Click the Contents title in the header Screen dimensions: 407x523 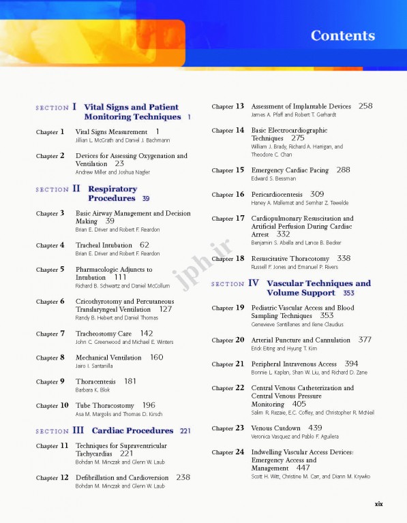coord(342,36)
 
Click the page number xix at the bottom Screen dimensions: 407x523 coord(378,503)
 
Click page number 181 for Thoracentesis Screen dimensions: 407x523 coord(130,381)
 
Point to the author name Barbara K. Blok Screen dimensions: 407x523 coord(93,390)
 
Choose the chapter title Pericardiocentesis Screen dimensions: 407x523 coord(277,195)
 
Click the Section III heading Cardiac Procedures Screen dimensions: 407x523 coord(132,430)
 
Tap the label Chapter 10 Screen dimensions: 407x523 coord(52,406)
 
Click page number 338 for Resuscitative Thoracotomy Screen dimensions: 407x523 coord(344,259)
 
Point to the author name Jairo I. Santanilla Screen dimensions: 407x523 coord(94,366)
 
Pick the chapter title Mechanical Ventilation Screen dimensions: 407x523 coord(108,358)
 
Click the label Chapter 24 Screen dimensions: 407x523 coord(228,452)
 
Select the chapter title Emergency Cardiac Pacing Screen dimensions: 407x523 coord(290,170)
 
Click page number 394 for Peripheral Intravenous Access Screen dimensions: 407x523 coord(351,364)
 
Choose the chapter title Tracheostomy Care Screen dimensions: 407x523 coord(104,334)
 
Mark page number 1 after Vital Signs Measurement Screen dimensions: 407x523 coord(157,131)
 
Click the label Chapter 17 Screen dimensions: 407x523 coord(228,219)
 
